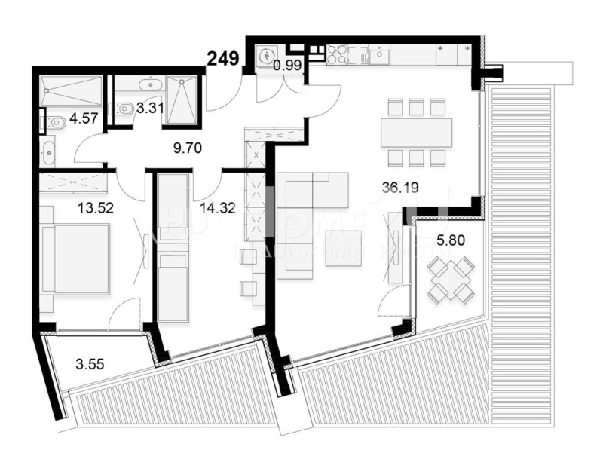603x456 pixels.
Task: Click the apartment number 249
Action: pyautogui.click(x=225, y=57)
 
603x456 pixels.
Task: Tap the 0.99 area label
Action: pyautogui.click(x=287, y=66)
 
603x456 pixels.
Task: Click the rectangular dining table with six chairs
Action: pyautogui.click(x=416, y=133)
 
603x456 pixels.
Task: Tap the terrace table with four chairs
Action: pyautogui.click(x=450, y=278)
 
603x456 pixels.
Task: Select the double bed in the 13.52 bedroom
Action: pyautogui.click(x=75, y=259)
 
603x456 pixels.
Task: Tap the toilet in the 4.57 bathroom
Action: pyautogui.click(x=56, y=122)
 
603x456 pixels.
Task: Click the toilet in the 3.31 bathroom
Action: pyautogui.click(x=125, y=109)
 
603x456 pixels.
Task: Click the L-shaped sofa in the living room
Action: pyautogui.click(x=311, y=197)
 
